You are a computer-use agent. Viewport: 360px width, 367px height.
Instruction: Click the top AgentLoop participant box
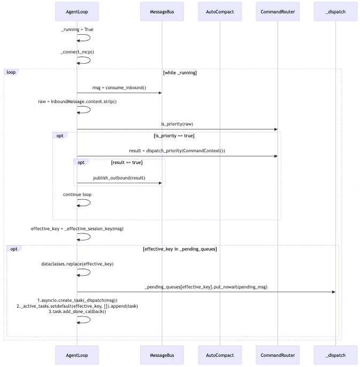pos(77,12)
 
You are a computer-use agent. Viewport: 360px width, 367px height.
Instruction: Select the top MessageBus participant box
pos(162,12)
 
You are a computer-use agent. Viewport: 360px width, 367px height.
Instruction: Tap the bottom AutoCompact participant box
pos(220,355)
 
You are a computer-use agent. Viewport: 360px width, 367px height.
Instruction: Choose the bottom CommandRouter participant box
pos(278,355)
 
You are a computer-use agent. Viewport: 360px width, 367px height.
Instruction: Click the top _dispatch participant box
pos(335,12)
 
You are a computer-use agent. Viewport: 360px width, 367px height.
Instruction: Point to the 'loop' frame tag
pos(11,72)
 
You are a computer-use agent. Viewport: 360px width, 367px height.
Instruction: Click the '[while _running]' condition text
pos(180,73)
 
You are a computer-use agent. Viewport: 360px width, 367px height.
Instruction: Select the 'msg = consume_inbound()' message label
pos(119,88)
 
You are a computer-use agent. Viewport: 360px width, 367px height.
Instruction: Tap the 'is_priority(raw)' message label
pos(177,124)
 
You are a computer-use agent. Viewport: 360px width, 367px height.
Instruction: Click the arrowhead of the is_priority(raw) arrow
pos(276,129)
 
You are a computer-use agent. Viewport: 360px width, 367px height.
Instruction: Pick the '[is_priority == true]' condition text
pos(174,136)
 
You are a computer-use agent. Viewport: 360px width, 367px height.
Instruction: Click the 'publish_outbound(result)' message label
pos(119,178)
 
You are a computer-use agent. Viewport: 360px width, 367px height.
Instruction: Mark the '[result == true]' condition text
pos(127,162)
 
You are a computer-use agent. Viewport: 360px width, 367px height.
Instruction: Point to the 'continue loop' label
pos(77,194)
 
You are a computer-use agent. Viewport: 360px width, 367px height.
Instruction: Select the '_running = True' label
pos(77,29)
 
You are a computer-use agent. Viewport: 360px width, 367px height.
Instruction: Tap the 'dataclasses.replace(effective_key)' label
pos(77,264)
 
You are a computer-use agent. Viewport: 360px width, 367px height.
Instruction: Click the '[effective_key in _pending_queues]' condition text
pos(180,249)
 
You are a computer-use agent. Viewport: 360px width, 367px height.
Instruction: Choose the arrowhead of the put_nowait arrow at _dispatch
pos(334,292)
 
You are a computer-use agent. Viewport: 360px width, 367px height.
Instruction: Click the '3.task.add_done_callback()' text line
pos(77,311)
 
